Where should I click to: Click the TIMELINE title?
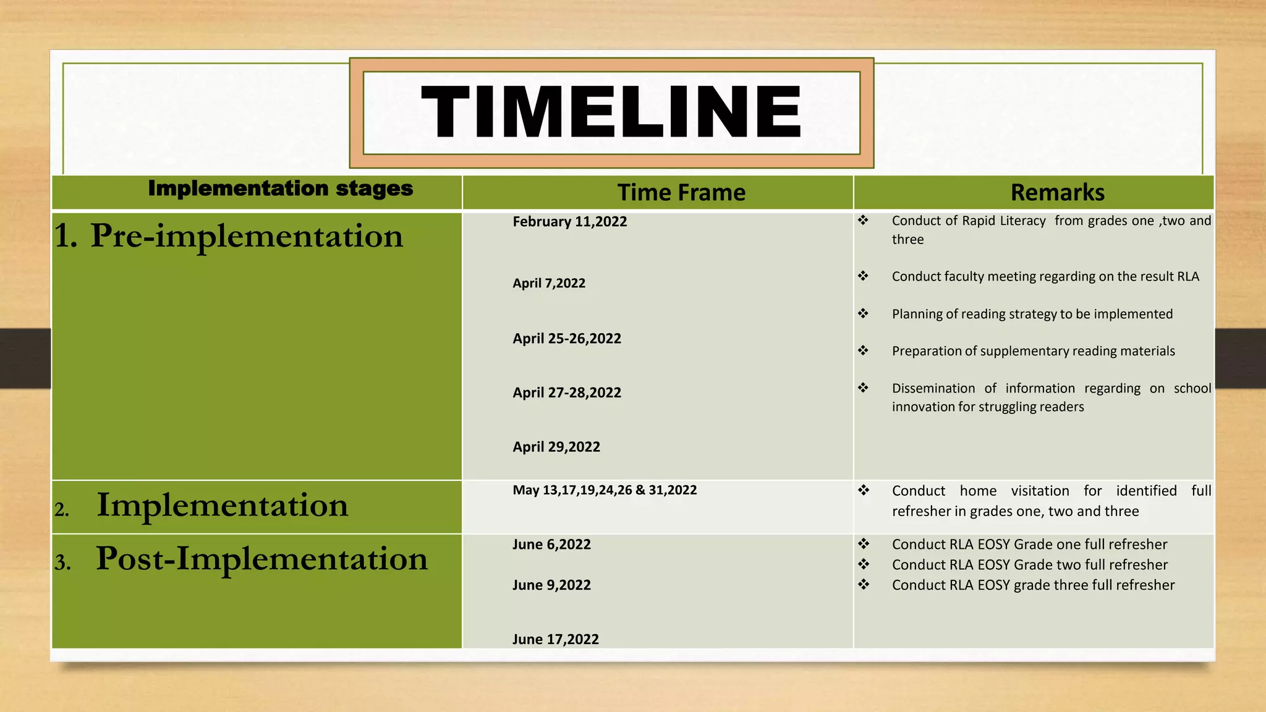(x=611, y=112)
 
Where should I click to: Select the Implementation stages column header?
(x=281, y=189)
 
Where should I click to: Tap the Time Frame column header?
(x=681, y=193)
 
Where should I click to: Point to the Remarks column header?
(x=1057, y=193)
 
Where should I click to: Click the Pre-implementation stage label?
(x=229, y=236)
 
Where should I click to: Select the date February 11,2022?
(x=569, y=222)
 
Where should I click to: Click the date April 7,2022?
(x=548, y=283)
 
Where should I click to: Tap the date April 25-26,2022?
(x=566, y=339)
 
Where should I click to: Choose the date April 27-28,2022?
(x=566, y=392)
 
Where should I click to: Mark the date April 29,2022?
(x=556, y=447)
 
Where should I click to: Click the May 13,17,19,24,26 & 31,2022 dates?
(x=604, y=490)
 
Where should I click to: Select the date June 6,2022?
(x=551, y=545)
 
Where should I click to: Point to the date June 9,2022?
(x=551, y=585)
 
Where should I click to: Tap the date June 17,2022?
(x=555, y=639)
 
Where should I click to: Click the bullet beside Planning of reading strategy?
(x=863, y=313)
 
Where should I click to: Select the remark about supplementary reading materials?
(x=1033, y=351)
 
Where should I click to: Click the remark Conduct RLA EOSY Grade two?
(x=1029, y=565)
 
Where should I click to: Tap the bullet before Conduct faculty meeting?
(x=863, y=276)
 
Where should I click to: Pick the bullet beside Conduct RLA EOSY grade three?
(x=863, y=584)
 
